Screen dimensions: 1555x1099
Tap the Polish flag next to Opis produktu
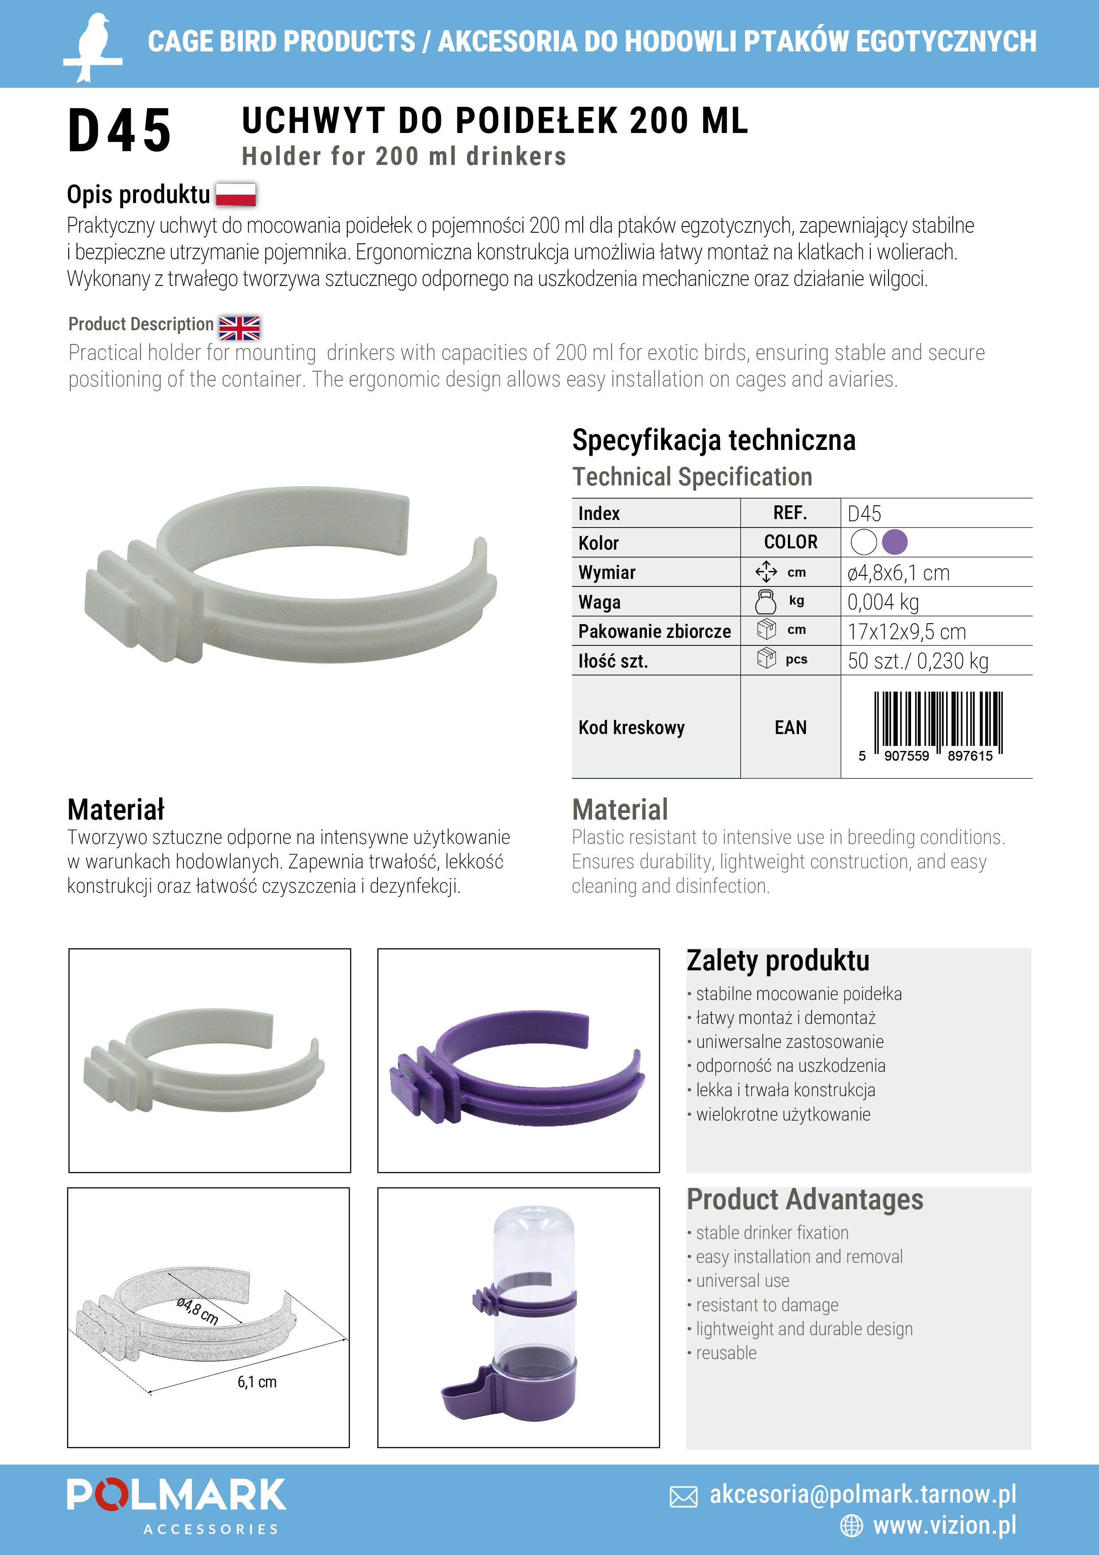coord(236,194)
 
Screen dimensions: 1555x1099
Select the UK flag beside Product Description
coord(239,328)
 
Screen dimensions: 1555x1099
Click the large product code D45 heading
coord(119,131)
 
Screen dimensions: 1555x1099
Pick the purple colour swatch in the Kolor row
coord(895,542)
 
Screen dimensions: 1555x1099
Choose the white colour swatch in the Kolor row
coord(864,542)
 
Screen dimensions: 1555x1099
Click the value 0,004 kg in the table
coord(883,602)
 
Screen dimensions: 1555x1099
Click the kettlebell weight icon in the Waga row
coord(766,602)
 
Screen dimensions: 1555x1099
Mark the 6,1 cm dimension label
coord(257,1382)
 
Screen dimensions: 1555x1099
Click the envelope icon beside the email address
coord(683,1497)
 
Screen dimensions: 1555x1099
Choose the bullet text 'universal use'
coord(742,1281)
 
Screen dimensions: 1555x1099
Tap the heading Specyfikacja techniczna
coord(714,440)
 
